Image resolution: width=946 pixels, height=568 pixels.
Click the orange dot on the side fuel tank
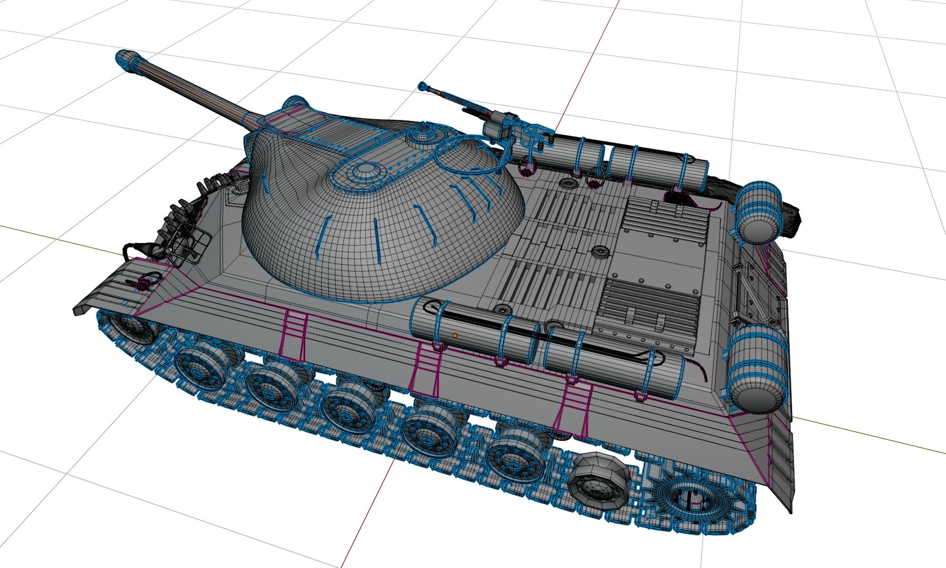[x=455, y=335]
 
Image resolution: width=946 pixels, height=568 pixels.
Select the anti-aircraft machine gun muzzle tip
[x=422, y=85]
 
